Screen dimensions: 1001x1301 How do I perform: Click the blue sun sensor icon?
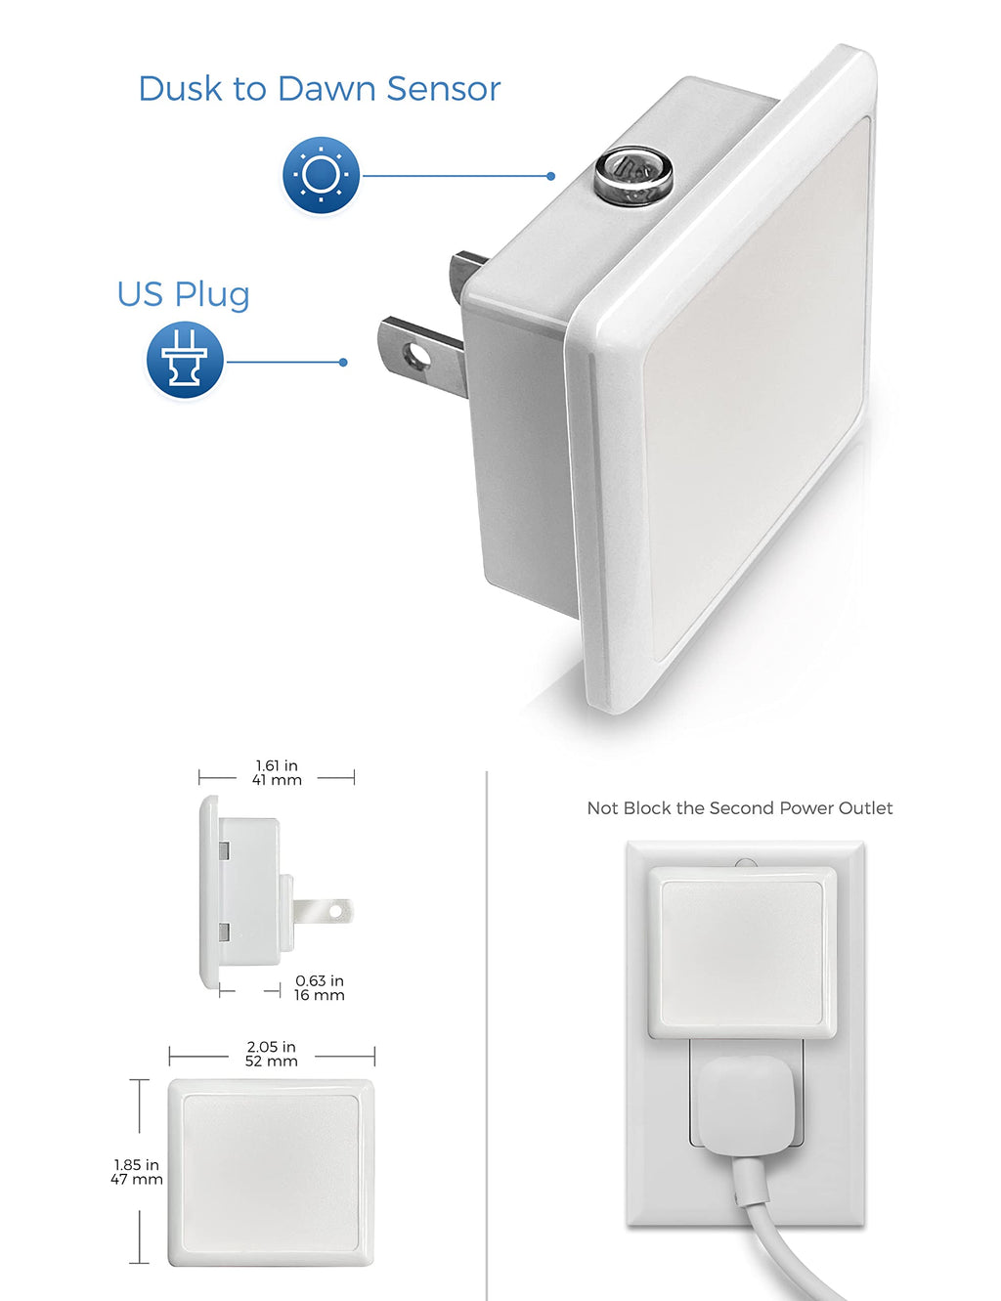click(x=321, y=175)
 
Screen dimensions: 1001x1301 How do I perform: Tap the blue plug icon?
click(x=185, y=360)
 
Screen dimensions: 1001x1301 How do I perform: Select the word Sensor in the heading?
click(x=443, y=89)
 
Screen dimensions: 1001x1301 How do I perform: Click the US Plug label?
click(x=183, y=294)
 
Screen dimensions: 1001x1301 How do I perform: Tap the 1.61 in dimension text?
click(x=277, y=765)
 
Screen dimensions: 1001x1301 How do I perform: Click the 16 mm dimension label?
click(x=319, y=995)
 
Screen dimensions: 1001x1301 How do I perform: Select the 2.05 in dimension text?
click(x=271, y=1047)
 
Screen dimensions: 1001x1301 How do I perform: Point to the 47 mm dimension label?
click(x=137, y=1179)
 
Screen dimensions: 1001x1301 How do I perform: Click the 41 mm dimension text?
click(x=277, y=779)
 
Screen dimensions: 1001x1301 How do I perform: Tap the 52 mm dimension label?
click(x=271, y=1061)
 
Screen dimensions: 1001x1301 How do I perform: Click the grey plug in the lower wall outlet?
click(x=746, y=1107)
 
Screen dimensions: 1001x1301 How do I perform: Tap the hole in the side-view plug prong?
click(x=335, y=912)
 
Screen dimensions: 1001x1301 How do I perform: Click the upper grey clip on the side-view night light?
click(x=225, y=850)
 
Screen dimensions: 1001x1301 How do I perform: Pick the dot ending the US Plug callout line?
click(x=343, y=363)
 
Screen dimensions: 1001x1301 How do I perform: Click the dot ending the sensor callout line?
click(x=551, y=176)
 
